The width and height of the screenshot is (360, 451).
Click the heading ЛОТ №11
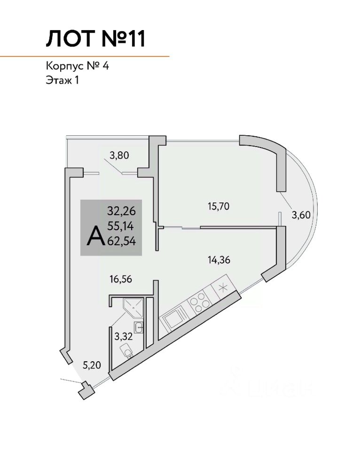(96, 39)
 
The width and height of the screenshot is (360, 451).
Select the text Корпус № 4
(78, 66)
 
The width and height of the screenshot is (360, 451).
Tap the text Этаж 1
(62, 80)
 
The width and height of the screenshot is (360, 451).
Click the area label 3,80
(119, 155)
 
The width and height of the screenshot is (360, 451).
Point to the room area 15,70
(218, 205)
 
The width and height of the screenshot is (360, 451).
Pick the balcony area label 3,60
(302, 215)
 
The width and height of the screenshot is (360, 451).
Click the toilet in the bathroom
(126, 350)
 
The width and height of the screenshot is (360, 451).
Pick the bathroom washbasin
(138, 327)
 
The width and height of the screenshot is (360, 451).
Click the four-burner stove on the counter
(200, 302)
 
